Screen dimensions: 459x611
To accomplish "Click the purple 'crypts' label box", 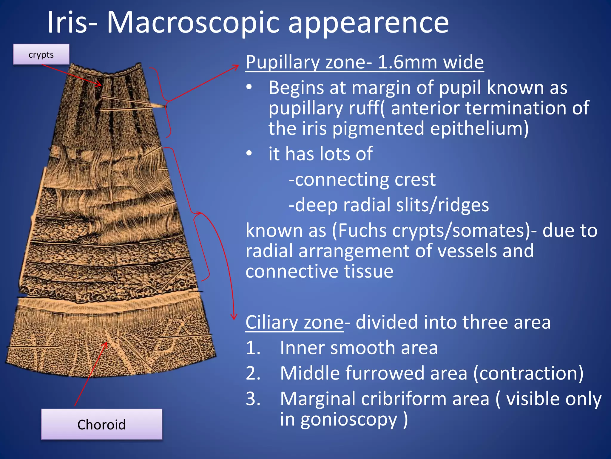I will pyautogui.click(x=41, y=54).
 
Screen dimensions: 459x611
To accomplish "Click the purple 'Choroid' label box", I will pyautogui.click(x=101, y=424).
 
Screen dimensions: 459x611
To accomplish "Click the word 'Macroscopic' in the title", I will pyautogui.click(x=193, y=23).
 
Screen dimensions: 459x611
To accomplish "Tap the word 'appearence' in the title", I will pyautogui.click(x=368, y=23).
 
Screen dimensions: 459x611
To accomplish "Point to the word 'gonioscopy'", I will pyautogui.click(x=349, y=419).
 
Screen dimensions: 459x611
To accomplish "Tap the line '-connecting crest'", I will pyautogui.click(x=362, y=180).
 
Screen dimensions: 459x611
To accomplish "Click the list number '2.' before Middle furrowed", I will pyautogui.click(x=253, y=373).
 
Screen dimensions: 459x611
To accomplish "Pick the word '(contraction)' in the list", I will pyautogui.click(x=528, y=373).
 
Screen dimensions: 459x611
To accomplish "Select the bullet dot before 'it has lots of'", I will pyautogui.click(x=249, y=153).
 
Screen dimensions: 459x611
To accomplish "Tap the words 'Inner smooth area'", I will pyautogui.click(x=359, y=348).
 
